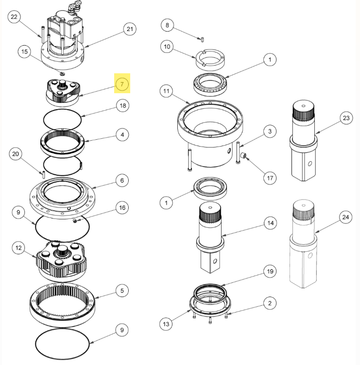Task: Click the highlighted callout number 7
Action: click(x=122, y=84)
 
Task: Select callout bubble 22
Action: click(x=14, y=17)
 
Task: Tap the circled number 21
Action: click(x=129, y=29)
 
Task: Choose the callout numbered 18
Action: click(x=122, y=105)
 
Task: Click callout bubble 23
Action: click(x=345, y=118)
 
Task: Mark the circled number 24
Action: click(x=345, y=217)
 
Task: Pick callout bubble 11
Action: click(x=167, y=91)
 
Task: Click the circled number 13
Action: click(x=167, y=324)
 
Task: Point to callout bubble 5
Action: click(x=122, y=291)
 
